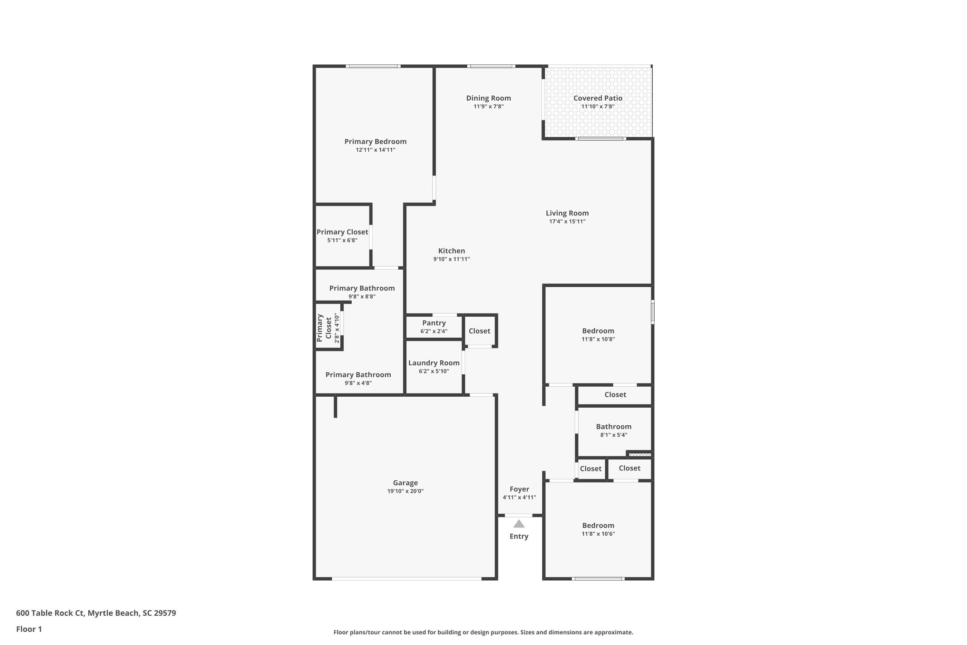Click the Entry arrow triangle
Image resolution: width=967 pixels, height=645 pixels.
click(519, 524)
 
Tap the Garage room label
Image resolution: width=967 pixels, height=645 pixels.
click(405, 483)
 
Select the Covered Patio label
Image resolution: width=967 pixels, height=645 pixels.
click(598, 98)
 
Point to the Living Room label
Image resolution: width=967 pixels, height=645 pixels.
click(567, 213)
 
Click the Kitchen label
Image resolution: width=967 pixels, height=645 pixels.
click(452, 251)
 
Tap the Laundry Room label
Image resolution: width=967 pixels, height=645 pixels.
click(434, 363)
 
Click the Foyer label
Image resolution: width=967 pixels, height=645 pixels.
click(519, 489)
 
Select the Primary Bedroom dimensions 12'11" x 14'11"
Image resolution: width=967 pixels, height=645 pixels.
click(376, 150)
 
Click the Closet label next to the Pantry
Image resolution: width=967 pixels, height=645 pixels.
click(479, 331)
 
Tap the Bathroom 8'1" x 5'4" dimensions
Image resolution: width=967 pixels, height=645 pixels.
click(613, 435)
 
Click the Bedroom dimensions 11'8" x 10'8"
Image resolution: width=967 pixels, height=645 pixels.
click(598, 339)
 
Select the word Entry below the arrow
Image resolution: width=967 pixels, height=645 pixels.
click(519, 536)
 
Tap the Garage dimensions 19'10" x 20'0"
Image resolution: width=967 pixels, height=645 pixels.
click(405, 491)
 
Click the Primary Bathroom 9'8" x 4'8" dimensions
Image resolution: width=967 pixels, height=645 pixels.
click(358, 383)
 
